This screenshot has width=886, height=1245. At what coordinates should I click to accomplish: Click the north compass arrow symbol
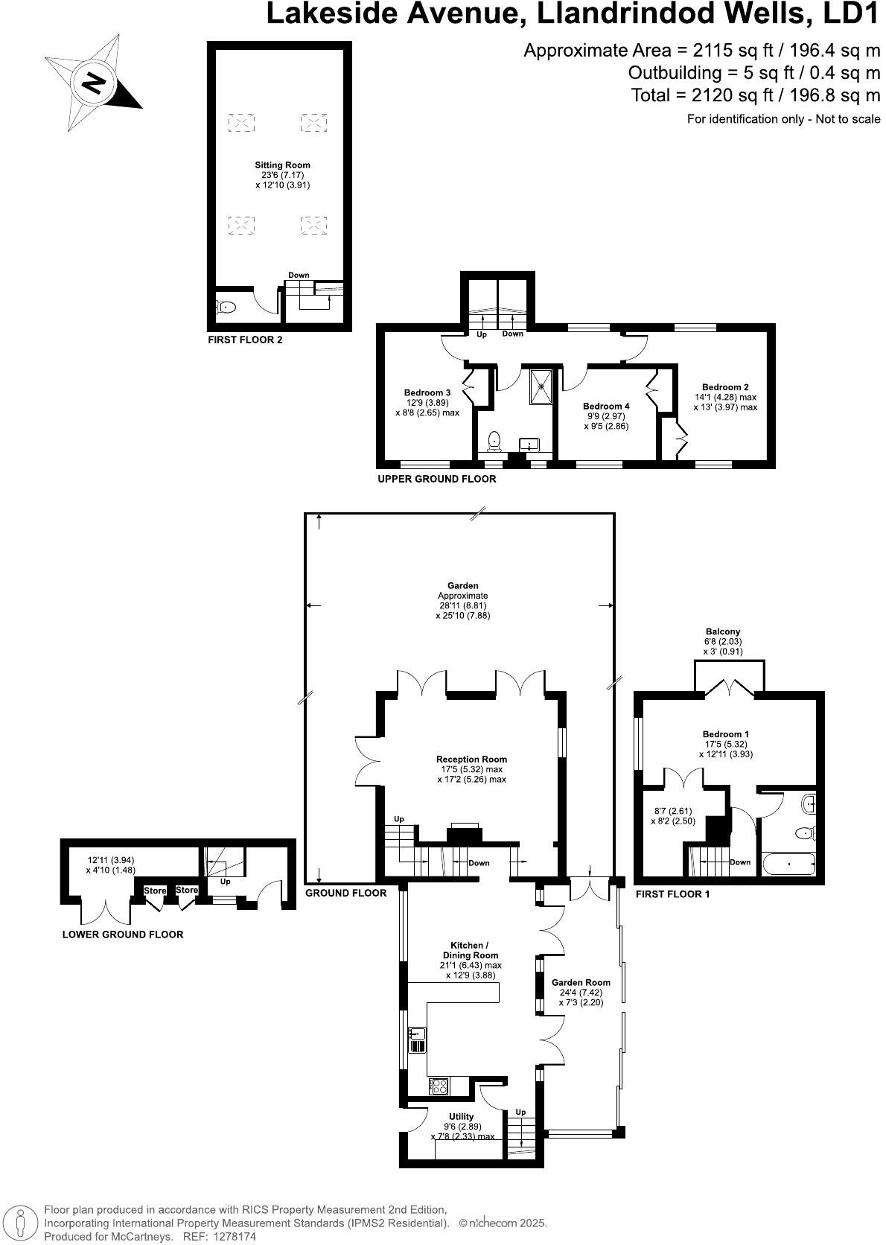(x=92, y=82)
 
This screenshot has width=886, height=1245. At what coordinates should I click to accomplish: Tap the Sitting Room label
(x=282, y=165)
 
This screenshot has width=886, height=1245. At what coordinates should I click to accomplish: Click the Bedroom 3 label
(x=427, y=392)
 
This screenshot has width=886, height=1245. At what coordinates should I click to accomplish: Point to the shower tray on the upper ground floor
(x=541, y=385)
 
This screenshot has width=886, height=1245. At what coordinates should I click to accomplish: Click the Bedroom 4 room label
(x=606, y=406)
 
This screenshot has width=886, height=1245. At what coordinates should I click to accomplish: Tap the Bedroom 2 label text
(x=724, y=387)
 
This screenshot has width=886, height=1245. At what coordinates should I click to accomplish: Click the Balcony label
(x=722, y=631)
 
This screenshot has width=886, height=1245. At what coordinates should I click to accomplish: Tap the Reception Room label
(x=471, y=760)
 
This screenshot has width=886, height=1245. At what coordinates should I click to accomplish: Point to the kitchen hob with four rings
(x=439, y=1086)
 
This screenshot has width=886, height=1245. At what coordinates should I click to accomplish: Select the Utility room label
(x=462, y=1116)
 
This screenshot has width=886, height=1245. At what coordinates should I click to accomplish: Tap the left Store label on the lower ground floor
(x=155, y=891)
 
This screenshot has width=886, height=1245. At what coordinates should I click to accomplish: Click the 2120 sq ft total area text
(x=755, y=95)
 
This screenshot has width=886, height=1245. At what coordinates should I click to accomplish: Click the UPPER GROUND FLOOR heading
(x=436, y=479)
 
